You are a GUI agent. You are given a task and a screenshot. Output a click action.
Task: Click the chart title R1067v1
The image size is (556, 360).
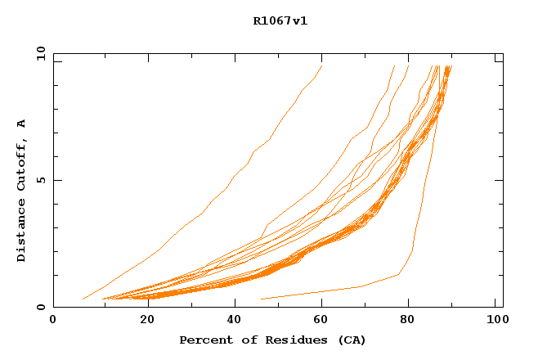point(280,21)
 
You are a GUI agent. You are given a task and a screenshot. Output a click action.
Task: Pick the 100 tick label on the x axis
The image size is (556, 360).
point(495,321)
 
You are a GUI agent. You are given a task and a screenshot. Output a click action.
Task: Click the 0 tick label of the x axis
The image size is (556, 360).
point(53,321)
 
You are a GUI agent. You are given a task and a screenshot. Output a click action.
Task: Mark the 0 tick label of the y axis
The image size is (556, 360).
point(41,307)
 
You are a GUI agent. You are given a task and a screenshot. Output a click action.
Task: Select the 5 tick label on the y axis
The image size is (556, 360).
point(41,180)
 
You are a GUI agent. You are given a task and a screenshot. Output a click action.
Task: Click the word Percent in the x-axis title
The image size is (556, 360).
point(204,340)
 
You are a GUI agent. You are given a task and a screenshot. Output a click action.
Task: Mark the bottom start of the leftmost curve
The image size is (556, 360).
point(83,299)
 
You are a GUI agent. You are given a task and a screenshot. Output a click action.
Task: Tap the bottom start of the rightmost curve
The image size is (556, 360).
point(260,299)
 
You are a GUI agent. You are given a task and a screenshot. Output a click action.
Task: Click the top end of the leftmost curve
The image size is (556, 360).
point(321,66)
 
